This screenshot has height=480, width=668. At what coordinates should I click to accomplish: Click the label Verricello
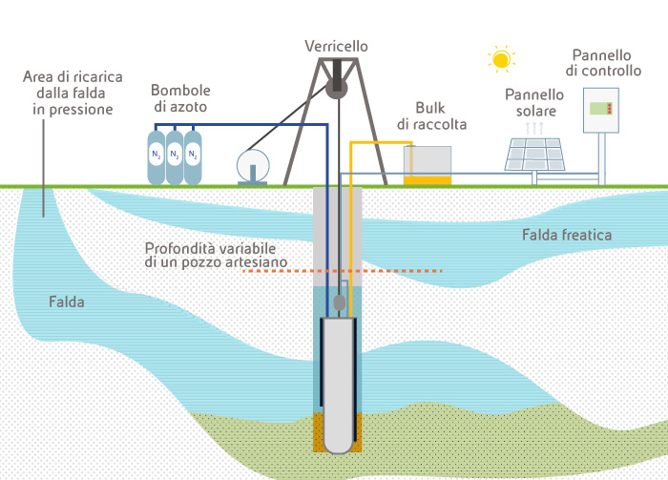coord(336,46)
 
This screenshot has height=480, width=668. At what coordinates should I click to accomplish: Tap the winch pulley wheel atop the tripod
coord(336,88)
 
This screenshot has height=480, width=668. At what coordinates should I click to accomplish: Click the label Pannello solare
coord(534,103)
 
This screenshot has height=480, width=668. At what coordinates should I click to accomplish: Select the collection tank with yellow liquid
coord(427,165)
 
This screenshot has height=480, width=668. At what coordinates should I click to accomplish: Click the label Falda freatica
coord(567,235)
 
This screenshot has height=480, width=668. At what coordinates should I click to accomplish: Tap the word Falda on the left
coord(67,303)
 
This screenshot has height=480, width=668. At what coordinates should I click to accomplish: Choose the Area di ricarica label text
coord(68,93)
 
